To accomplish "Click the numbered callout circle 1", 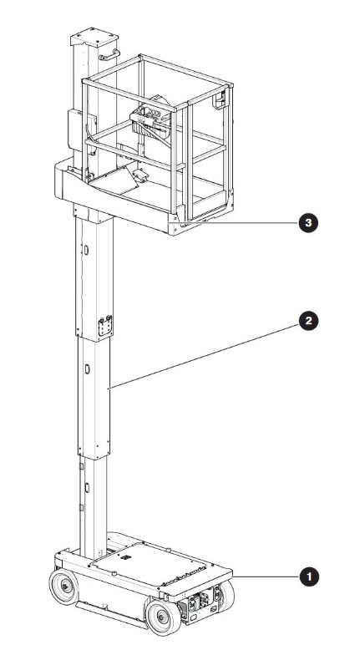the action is [308, 576].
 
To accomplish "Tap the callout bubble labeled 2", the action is [308, 321].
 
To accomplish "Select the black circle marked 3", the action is [308, 223].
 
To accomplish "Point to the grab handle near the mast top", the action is [109, 54].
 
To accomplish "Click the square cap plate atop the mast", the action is [94, 37].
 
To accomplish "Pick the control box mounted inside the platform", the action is [150, 121].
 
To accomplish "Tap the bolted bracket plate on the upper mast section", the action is [105, 326].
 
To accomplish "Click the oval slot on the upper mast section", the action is [86, 250].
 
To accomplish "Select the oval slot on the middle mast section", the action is [87, 369].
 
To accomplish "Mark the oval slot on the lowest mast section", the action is [87, 488].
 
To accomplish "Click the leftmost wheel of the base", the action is [64, 587].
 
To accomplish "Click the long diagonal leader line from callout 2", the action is [204, 356].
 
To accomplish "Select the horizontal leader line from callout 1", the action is [266, 576].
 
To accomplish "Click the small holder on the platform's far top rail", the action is [221, 100].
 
